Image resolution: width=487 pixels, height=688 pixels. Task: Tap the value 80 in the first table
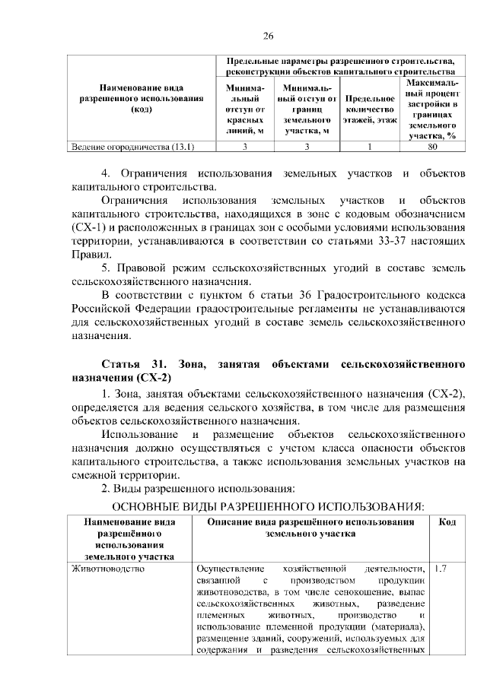(x=431, y=147)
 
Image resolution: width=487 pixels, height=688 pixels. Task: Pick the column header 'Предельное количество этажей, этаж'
(x=370, y=109)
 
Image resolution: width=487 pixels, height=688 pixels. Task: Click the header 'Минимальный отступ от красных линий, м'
(x=245, y=109)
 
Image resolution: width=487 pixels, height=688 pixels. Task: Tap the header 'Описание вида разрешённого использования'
(x=310, y=523)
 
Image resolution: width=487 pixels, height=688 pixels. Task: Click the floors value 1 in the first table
(x=369, y=147)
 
